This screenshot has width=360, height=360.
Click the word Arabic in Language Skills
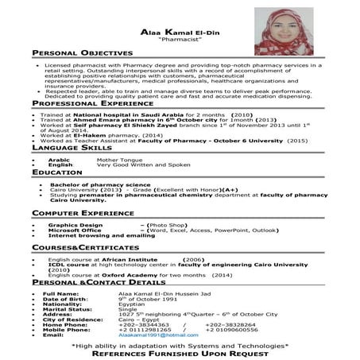coord(60,158)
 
